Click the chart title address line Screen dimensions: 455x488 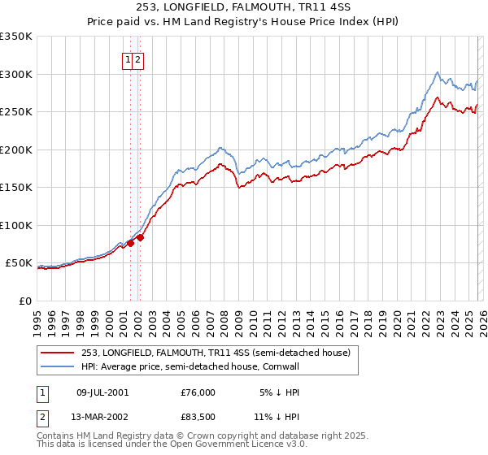tap(243, 9)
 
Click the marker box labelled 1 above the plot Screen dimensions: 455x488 tap(129, 59)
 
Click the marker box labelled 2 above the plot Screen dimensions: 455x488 tap(138, 59)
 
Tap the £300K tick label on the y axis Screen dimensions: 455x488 tap(17, 74)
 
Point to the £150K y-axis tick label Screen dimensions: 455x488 tap(17, 188)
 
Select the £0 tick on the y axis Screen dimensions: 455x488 tap(26, 301)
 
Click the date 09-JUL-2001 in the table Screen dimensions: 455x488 tap(102, 392)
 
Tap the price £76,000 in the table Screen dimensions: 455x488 tap(198, 392)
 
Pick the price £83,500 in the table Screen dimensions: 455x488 tap(198, 418)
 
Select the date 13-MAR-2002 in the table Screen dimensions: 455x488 tap(102, 418)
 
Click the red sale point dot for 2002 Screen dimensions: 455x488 tap(140, 237)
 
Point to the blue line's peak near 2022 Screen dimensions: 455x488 tap(438, 71)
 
